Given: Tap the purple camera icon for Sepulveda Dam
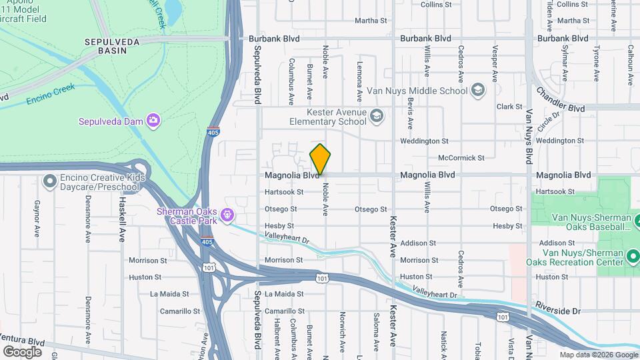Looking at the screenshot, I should click(154, 121).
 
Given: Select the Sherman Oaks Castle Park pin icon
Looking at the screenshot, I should click(228, 215).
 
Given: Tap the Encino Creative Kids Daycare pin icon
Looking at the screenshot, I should click(49, 181).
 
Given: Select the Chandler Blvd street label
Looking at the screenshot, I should click(561, 99).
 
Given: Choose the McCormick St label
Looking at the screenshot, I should click(461, 158).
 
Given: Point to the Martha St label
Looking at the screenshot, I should click(371, 21).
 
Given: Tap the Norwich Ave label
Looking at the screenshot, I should click(343, 328).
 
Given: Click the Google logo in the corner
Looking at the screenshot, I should click(22, 351).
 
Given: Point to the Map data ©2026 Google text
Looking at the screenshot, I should click(598, 355).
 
